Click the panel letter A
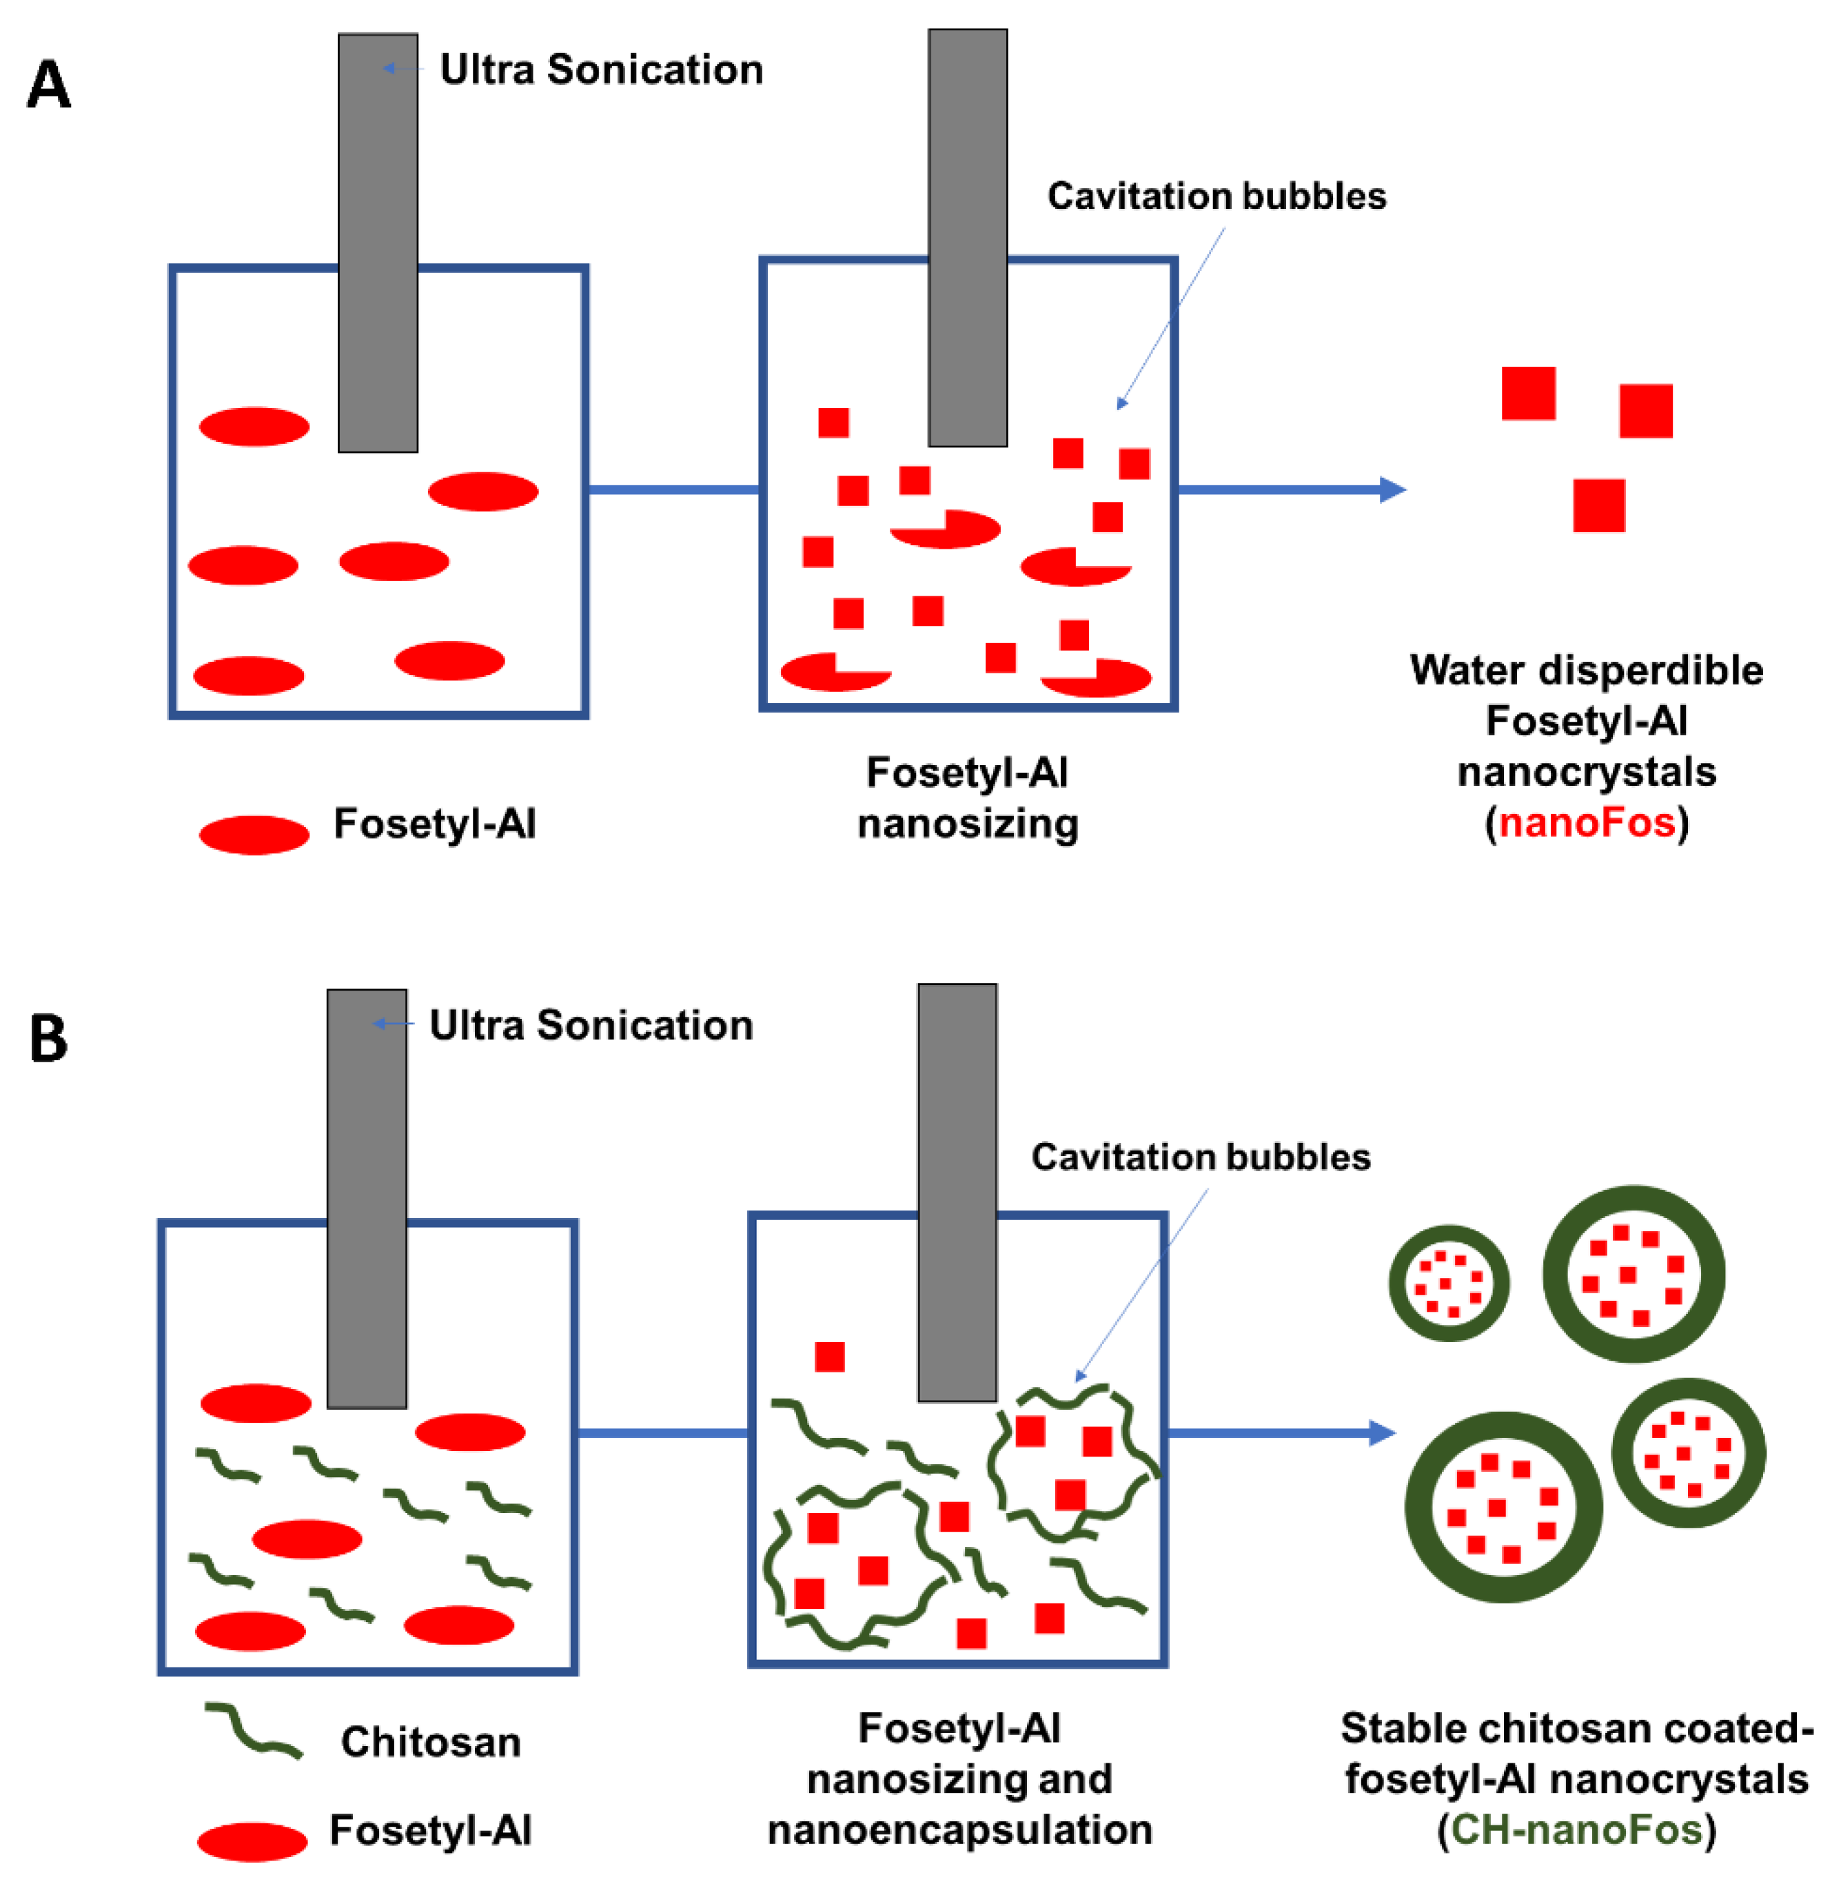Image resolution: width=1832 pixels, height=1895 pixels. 48,84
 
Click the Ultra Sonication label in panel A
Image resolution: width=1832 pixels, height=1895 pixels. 601,70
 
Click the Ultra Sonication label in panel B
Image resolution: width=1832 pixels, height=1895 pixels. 591,1025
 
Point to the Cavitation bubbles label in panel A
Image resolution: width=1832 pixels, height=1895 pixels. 1217,196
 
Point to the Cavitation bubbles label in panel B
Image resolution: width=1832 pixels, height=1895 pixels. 1201,1157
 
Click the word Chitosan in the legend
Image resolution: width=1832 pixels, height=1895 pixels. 430,1742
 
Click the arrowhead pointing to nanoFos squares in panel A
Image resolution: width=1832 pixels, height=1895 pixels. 1392,489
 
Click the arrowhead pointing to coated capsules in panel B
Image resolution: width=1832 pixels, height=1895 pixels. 1383,1433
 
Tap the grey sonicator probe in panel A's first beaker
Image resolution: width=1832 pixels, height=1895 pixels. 378,242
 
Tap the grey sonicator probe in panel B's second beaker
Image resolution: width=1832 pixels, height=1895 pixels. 957,1191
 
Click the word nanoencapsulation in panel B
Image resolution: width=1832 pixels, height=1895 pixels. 959,1830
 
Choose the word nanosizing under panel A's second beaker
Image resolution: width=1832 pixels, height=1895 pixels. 967,824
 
